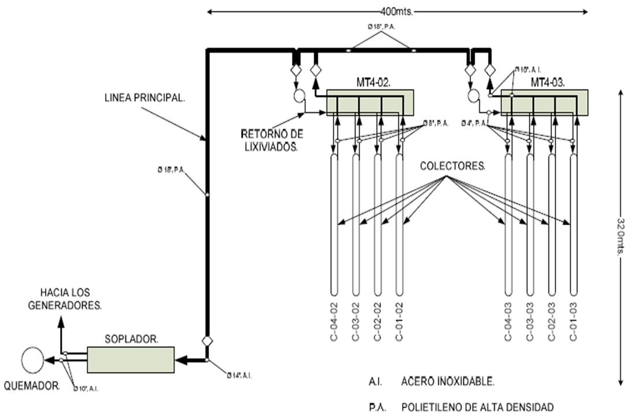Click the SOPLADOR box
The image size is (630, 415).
click(131, 359)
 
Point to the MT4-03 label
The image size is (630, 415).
click(550, 83)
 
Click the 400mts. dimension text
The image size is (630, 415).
click(396, 10)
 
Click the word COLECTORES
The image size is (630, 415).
click(453, 166)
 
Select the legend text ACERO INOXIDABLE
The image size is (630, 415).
click(448, 381)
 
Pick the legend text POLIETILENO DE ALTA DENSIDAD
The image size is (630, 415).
click(477, 407)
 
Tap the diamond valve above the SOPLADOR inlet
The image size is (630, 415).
click(207, 340)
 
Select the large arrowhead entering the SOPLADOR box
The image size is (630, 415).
click(182, 360)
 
